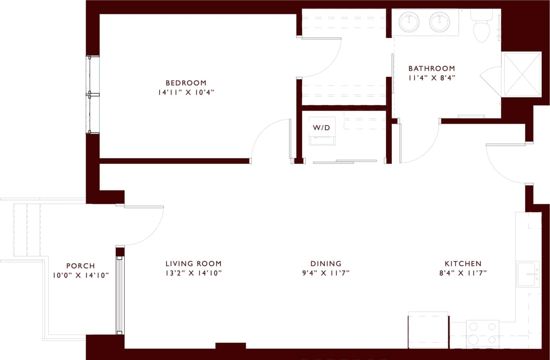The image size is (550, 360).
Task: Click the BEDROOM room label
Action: (186, 83)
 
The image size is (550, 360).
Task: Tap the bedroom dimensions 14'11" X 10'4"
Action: (186, 92)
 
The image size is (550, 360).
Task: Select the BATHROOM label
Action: (432, 69)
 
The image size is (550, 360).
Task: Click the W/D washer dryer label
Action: (322, 128)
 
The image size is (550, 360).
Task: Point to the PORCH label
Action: (80, 266)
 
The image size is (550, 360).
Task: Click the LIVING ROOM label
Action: (193, 263)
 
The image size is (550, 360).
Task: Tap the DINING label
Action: (326, 263)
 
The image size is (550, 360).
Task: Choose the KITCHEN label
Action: (463, 263)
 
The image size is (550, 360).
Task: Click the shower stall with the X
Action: (522, 74)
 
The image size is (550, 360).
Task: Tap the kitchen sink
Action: (529, 274)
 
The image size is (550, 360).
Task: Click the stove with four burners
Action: (483, 334)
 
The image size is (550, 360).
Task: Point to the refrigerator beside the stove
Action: (428, 331)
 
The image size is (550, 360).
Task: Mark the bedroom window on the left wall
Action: (93, 94)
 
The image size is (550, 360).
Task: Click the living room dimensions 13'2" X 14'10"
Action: (194, 273)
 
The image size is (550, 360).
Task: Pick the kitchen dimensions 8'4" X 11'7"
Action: (463, 273)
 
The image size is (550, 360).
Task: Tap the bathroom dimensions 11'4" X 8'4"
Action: (432, 79)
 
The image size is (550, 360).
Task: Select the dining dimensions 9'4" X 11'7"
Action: (326, 273)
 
